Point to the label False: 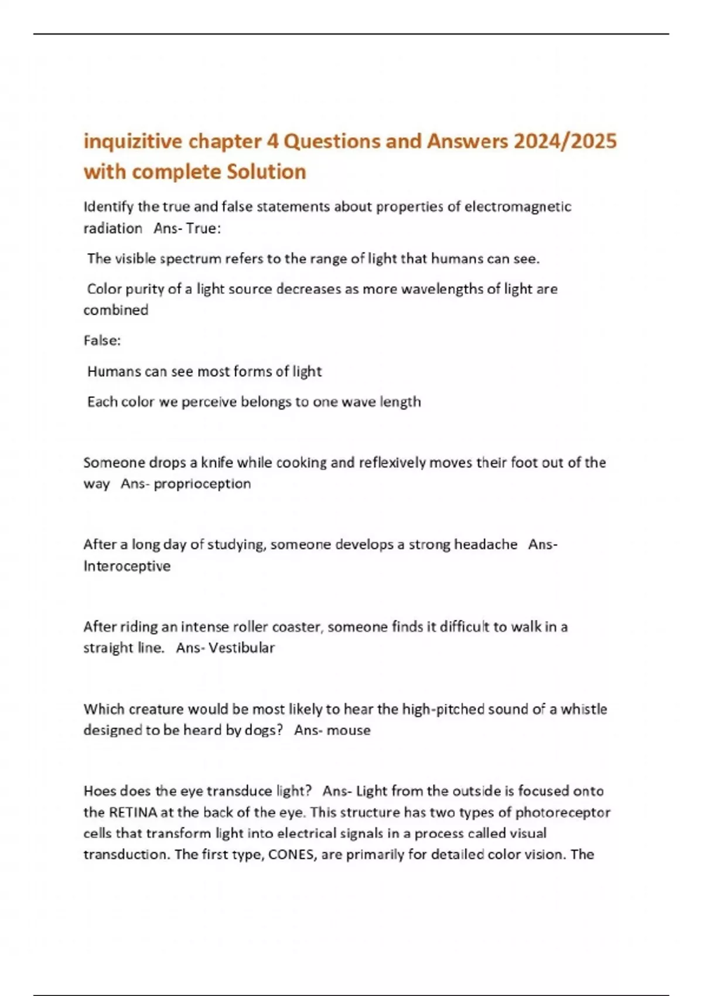[102, 340]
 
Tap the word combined [116, 310]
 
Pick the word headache [486, 545]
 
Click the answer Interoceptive [127, 566]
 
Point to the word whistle [583, 710]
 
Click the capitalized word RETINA [133, 813]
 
